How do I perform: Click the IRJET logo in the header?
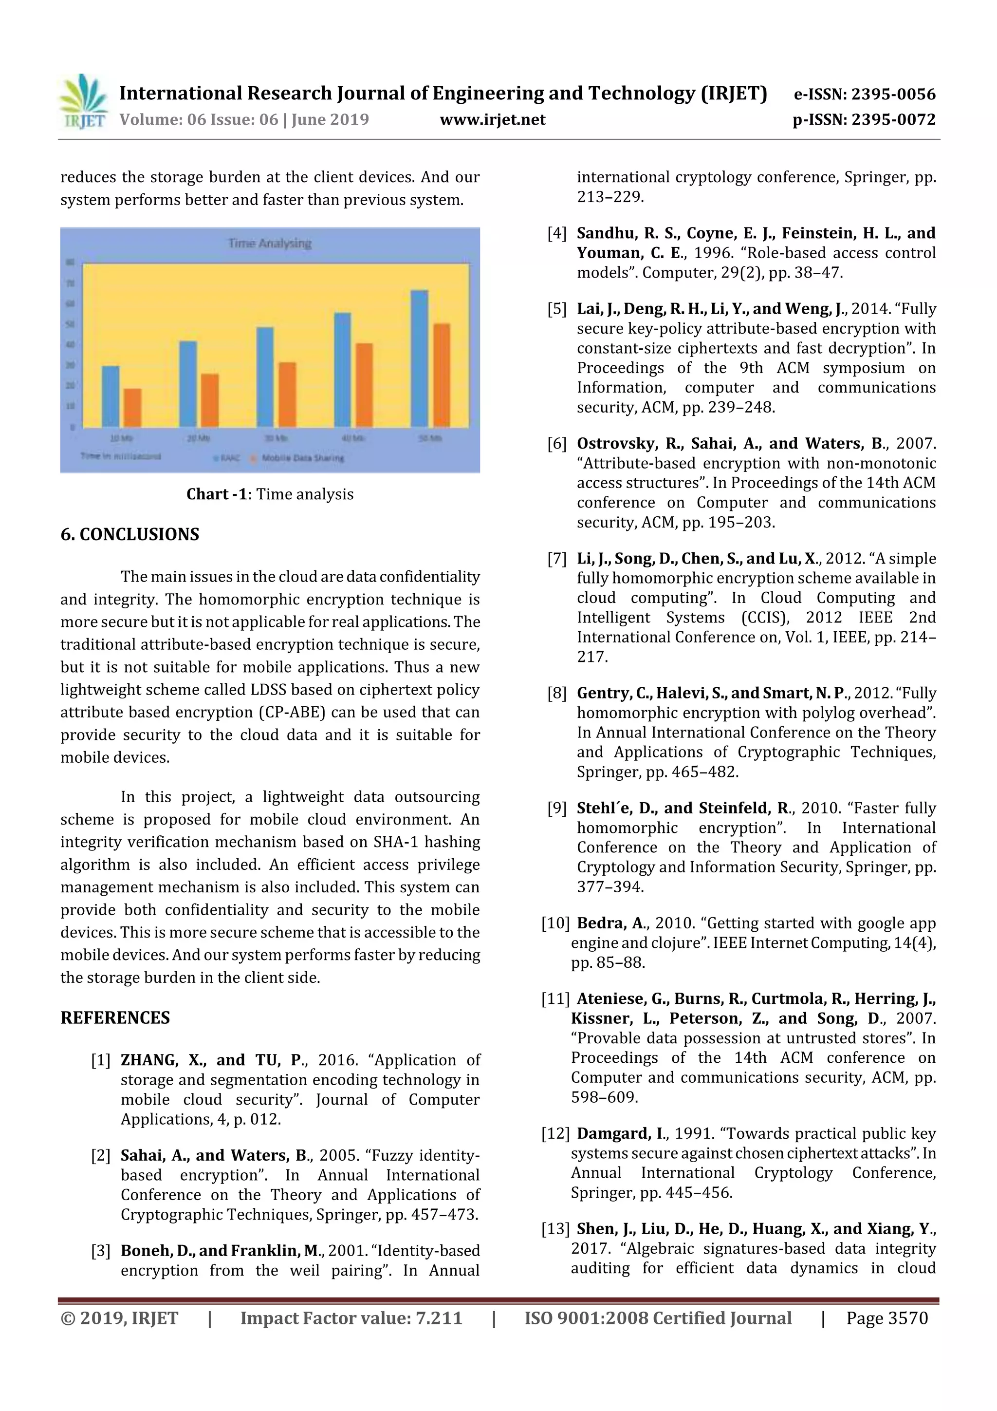coord(84,101)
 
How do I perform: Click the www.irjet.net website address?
coord(493,120)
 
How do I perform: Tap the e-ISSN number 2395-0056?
coord(892,94)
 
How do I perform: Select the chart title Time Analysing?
coord(270,244)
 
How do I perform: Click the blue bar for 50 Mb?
coord(419,358)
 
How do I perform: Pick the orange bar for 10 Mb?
coord(133,408)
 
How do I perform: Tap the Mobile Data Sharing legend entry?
coord(301,458)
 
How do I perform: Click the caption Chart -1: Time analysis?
coord(270,494)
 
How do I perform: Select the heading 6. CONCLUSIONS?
coord(129,534)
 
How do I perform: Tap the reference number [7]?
coord(556,559)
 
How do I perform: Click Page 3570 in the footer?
coord(886,1317)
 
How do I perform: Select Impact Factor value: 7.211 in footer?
coord(351,1317)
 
